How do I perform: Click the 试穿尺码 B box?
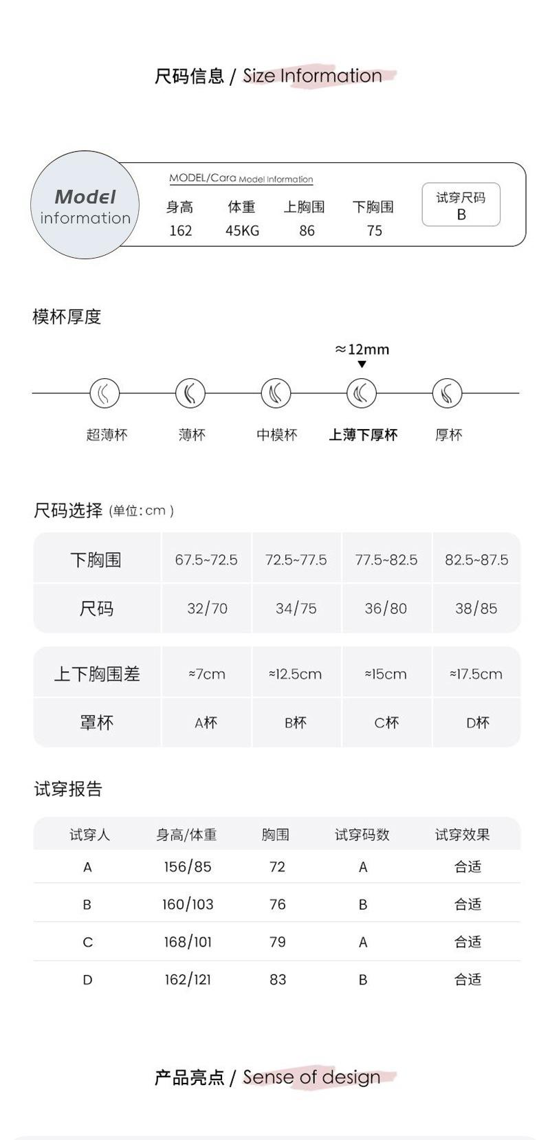pos(461,205)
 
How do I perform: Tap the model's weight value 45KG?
pos(242,231)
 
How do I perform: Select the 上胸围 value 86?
pos(307,231)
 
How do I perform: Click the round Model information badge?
pos(85,206)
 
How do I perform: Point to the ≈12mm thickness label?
pos(362,349)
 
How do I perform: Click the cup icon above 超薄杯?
pos(104,393)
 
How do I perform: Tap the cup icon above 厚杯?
pos(447,393)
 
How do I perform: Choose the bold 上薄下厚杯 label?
pos(363,435)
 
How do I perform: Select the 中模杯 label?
pos(277,435)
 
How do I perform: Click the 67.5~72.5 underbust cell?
pos(206,560)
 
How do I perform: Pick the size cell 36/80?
pos(386,609)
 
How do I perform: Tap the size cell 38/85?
pos(476,609)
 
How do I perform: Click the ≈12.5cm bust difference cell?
pos(295,674)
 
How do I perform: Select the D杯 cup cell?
pos(477,723)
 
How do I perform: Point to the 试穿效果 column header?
pos(462,835)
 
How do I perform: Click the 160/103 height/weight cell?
pos(188,904)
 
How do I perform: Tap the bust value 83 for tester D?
pos(278,979)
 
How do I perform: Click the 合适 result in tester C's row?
pos(467,942)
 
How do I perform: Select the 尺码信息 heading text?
pos(189,76)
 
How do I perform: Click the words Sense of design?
pos(311,1077)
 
